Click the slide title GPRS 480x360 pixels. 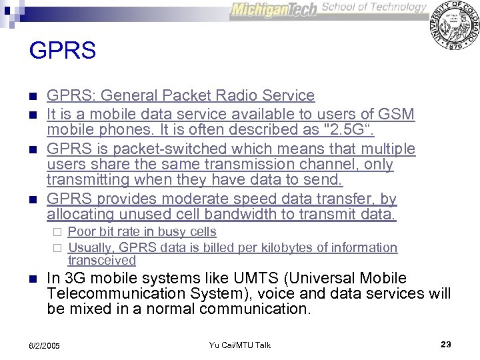point(63,51)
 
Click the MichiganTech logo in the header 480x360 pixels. point(274,11)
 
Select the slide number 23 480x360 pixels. point(446,344)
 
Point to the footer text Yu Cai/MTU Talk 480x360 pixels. point(240,345)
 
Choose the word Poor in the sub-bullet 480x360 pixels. point(82,232)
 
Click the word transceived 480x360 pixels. point(101,260)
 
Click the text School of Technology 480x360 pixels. point(374,7)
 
